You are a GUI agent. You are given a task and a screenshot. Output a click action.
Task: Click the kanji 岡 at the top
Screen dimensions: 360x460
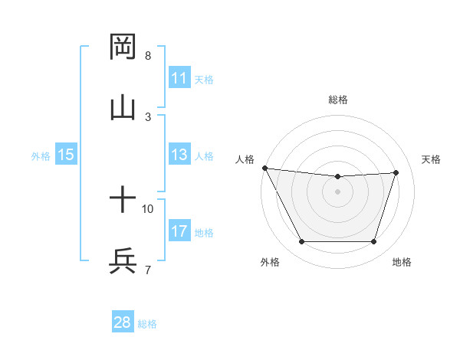pyautogui.click(x=123, y=47)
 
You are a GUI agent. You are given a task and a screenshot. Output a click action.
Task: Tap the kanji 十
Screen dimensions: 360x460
pyautogui.click(x=123, y=201)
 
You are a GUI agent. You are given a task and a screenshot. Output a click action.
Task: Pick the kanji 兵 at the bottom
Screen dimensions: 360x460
pyautogui.click(x=123, y=261)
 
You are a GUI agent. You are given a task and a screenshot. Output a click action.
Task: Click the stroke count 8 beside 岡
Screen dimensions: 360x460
pyautogui.click(x=148, y=56)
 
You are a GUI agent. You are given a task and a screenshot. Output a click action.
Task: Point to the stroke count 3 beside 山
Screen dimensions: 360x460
pyautogui.click(x=148, y=116)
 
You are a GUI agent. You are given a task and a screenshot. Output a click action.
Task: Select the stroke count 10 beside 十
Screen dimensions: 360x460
pyautogui.click(x=148, y=208)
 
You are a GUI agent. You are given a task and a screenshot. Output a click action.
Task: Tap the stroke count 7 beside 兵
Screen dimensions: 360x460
pyautogui.click(x=148, y=270)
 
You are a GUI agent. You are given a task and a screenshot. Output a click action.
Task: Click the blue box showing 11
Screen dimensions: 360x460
pyautogui.click(x=179, y=78)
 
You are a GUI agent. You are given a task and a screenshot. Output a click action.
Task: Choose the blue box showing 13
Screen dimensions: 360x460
pyautogui.click(x=179, y=155)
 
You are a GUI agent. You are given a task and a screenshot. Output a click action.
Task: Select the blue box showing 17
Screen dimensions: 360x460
pyautogui.click(x=179, y=231)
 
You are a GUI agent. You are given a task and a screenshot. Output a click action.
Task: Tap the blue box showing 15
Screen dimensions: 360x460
pyautogui.click(x=66, y=155)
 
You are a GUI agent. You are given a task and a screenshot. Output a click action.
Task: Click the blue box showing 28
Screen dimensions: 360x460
pyautogui.click(x=123, y=322)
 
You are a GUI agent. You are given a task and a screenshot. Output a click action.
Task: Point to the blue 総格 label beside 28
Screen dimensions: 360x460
pyautogui.click(x=147, y=324)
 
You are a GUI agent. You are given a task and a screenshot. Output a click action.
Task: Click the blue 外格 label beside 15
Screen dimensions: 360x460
pyautogui.click(x=41, y=156)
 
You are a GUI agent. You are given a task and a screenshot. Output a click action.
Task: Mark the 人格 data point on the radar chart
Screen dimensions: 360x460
pyautogui.click(x=264, y=168)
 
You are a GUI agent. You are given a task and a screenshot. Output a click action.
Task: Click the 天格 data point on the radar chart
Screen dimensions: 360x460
pyautogui.click(x=396, y=172)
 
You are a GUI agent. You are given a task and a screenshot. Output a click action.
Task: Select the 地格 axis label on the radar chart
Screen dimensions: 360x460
pyautogui.click(x=402, y=263)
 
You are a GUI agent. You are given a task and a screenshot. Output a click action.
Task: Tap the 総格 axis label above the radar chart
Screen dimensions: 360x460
pyautogui.click(x=337, y=100)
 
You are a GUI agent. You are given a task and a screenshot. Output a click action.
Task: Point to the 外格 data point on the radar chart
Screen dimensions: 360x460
pyautogui.click(x=301, y=242)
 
